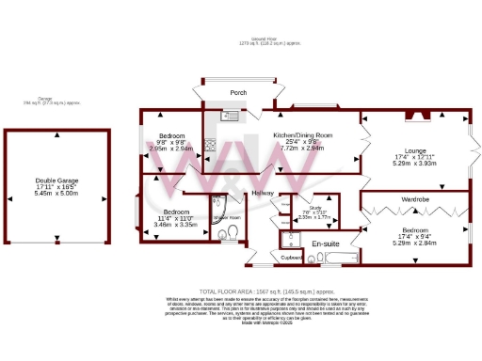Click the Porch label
tap(239, 93)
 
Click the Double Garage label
tap(57, 181)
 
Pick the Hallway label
tap(263, 193)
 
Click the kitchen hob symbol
tap(210, 146)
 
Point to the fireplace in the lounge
tap(416, 118)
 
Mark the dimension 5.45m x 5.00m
tap(57, 197)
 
